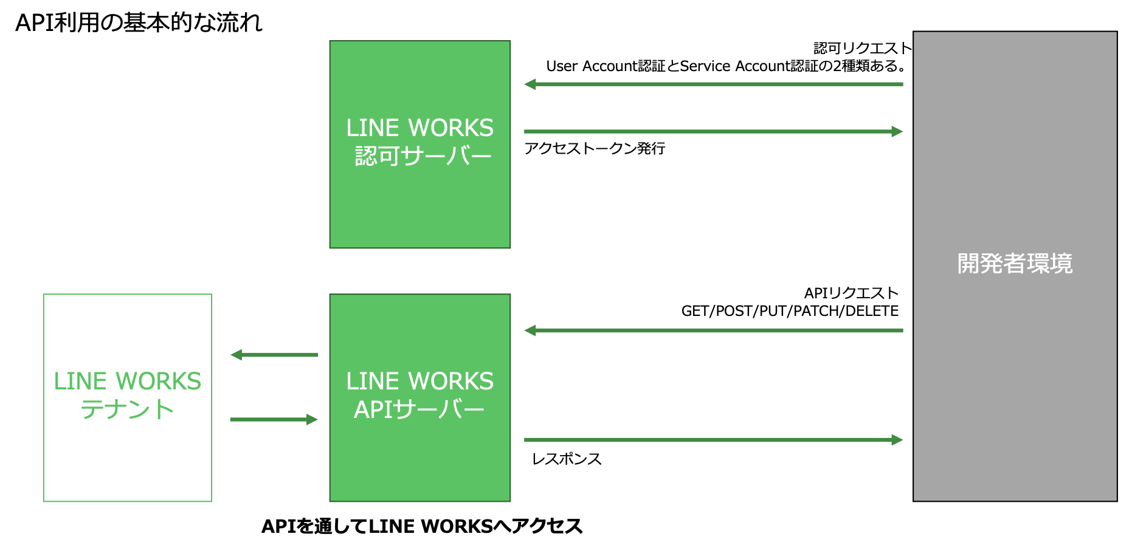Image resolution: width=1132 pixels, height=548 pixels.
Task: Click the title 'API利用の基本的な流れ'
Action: pos(139,23)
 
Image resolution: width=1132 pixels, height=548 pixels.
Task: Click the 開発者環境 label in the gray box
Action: pos(1015,264)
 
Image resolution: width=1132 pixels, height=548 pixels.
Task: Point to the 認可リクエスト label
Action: pos(862,48)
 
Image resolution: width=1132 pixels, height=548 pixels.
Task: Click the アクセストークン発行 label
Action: pos(595,149)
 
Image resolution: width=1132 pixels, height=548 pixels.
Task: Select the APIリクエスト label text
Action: pos(851,293)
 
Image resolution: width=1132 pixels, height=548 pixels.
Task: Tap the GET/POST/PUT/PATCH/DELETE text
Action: pos(790,311)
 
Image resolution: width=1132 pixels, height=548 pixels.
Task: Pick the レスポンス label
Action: pos(567,459)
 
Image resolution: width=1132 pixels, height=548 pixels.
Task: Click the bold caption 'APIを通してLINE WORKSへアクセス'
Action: pos(422,526)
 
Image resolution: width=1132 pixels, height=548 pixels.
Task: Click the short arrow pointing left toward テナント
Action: pos(274,355)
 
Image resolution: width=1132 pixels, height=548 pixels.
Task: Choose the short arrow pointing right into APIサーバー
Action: pos(274,419)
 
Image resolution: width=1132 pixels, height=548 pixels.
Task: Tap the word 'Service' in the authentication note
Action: pos(705,66)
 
